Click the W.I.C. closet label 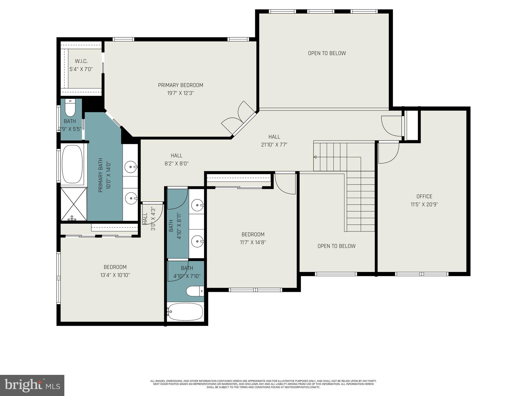pos(81,61)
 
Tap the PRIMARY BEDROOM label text pos(180,85)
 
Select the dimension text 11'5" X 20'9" pos(424,204)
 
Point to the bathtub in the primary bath pos(72,164)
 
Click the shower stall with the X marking pos(74,204)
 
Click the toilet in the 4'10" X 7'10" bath pos(195,291)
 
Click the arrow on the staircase pos(315,157)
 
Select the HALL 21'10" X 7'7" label pos(274,141)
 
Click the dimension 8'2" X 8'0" pos(177,163)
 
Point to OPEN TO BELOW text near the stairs pos(336,246)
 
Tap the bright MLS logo pos(32,385)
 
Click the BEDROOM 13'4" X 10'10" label pos(115,271)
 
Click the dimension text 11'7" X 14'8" pos(253,242)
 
